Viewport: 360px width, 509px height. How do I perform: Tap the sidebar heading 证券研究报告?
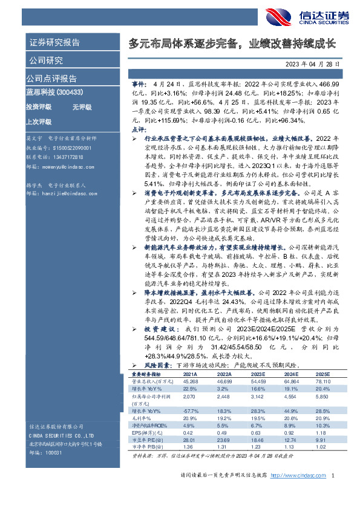pyautogui.click(x=54, y=42)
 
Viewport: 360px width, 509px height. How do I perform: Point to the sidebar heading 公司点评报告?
pyautogui.click(x=51, y=78)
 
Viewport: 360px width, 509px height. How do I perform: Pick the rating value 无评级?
pyautogui.click(x=81, y=107)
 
